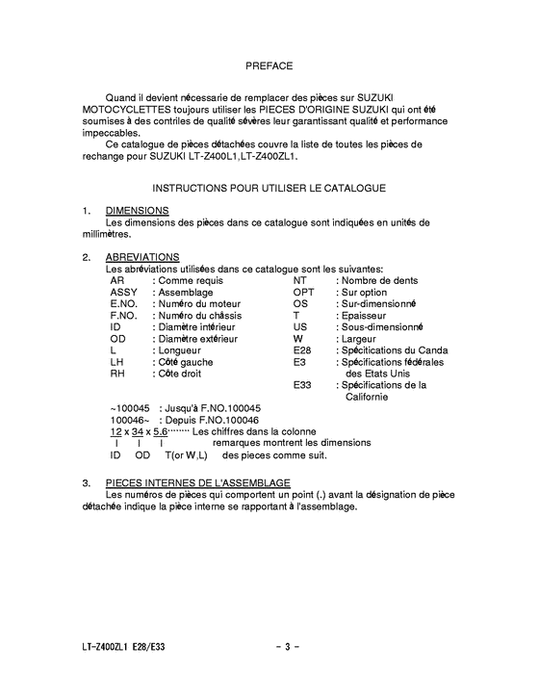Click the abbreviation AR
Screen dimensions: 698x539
[116, 280]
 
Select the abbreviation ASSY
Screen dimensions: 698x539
[124, 292]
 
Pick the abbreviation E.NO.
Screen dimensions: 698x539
[124, 303]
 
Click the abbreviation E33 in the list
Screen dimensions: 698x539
[302, 384]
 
